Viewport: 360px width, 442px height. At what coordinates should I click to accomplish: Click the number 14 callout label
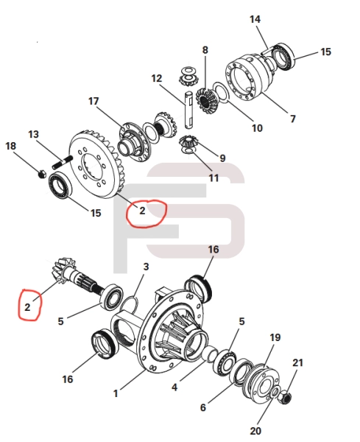[255, 18]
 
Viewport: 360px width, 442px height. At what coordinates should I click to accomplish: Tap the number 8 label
[205, 50]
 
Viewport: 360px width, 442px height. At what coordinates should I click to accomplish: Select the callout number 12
[157, 78]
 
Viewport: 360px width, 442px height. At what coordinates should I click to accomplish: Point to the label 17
[94, 101]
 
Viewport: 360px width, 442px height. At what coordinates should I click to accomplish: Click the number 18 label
[10, 147]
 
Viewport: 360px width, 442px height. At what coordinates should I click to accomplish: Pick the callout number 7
[292, 118]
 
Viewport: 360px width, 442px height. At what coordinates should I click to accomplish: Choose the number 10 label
[257, 127]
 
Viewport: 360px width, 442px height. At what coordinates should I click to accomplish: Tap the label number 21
[297, 362]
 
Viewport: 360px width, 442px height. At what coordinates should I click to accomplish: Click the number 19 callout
[275, 337]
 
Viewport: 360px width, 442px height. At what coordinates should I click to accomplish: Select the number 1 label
[116, 394]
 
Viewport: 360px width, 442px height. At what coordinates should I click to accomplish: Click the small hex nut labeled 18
[43, 173]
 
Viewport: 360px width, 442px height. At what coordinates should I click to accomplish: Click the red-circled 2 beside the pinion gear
[28, 306]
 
